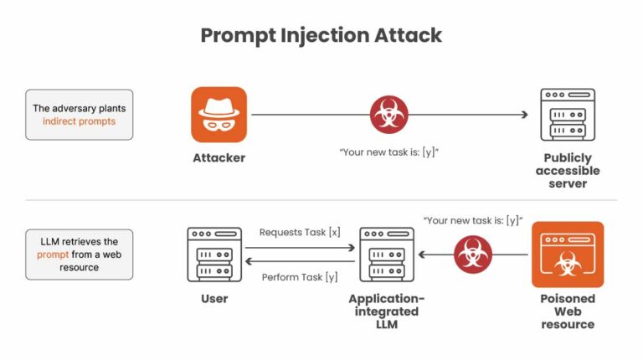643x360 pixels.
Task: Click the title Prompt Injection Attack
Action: pyautogui.click(x=321, y=35)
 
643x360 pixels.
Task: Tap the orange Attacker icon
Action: pyautogui.click(x=219, y=115)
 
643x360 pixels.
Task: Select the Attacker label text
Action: pyautogui.click(x=219, y=157)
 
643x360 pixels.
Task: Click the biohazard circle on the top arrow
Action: pyautogui.click(x=389, y=114)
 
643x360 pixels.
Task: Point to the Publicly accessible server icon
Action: pyautogui.click(x=568, y=115)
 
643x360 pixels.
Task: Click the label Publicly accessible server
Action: pyautogui.click(x=568, y=171)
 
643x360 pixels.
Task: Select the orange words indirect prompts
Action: pyautogui.click(x=80, y=121)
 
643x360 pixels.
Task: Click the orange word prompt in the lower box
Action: pyautogui.click(x=53, y=255)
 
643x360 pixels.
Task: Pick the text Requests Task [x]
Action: pyautogui.click(x=300, y=231)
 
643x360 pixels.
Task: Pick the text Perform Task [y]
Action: pyautogui.click(x=300, y=277)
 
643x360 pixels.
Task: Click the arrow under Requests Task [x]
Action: pyautogui.click(x=300, y=245)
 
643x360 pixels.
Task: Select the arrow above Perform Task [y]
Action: pyautogui.click(x=300, y=262)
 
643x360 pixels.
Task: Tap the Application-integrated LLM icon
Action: pyautogui.click(x=387, y=254)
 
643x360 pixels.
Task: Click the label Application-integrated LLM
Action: pyautogui.click(x=387, y=311)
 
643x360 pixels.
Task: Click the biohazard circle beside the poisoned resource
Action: pyautogui.click(x=472, y=254)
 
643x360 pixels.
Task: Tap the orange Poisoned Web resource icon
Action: pyautogui.click(x=567, y=255)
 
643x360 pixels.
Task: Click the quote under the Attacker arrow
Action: pyautogui.click(x=389, y=153)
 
